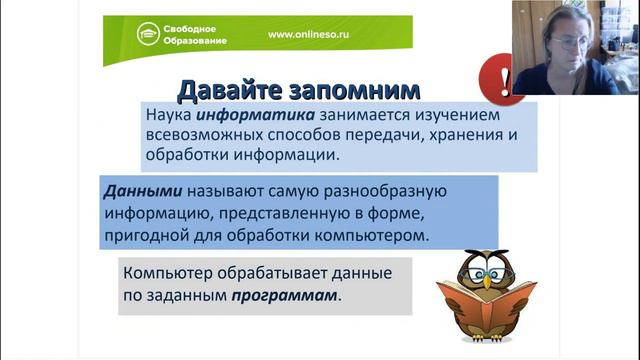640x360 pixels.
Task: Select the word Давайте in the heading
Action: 226,91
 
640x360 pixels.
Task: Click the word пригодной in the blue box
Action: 145,237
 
